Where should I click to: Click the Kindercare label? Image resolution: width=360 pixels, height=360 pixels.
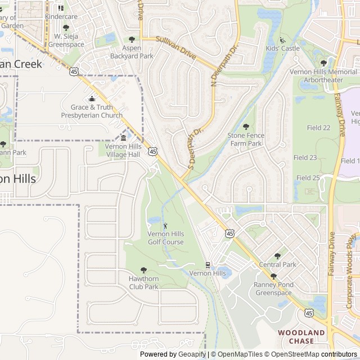click(x=61, y=17)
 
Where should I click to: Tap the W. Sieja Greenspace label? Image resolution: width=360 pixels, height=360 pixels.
click(x=66, y=40)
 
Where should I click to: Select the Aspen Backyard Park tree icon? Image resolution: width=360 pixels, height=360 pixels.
click(x=132, y=39)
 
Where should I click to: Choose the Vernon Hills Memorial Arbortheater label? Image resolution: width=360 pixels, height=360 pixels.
click(x=323, y=76)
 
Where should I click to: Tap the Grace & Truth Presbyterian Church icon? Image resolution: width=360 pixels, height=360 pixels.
click(x=92, y=99)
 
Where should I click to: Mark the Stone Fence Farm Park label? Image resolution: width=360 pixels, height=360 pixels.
click(x=245, y=139)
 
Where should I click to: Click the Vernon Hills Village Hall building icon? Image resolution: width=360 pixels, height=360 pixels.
click(x=123, y=138)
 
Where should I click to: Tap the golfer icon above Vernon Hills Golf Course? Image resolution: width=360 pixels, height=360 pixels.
click(x=165, y=226)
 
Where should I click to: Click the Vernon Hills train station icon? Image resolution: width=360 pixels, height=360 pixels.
click(x=208, y=264)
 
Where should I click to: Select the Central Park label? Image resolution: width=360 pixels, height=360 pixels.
click(x=277, y=264)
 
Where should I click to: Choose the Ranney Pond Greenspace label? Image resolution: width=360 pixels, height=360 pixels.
click(x=273, y=289)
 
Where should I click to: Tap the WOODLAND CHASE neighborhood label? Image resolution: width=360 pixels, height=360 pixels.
click(x=301, y=337)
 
